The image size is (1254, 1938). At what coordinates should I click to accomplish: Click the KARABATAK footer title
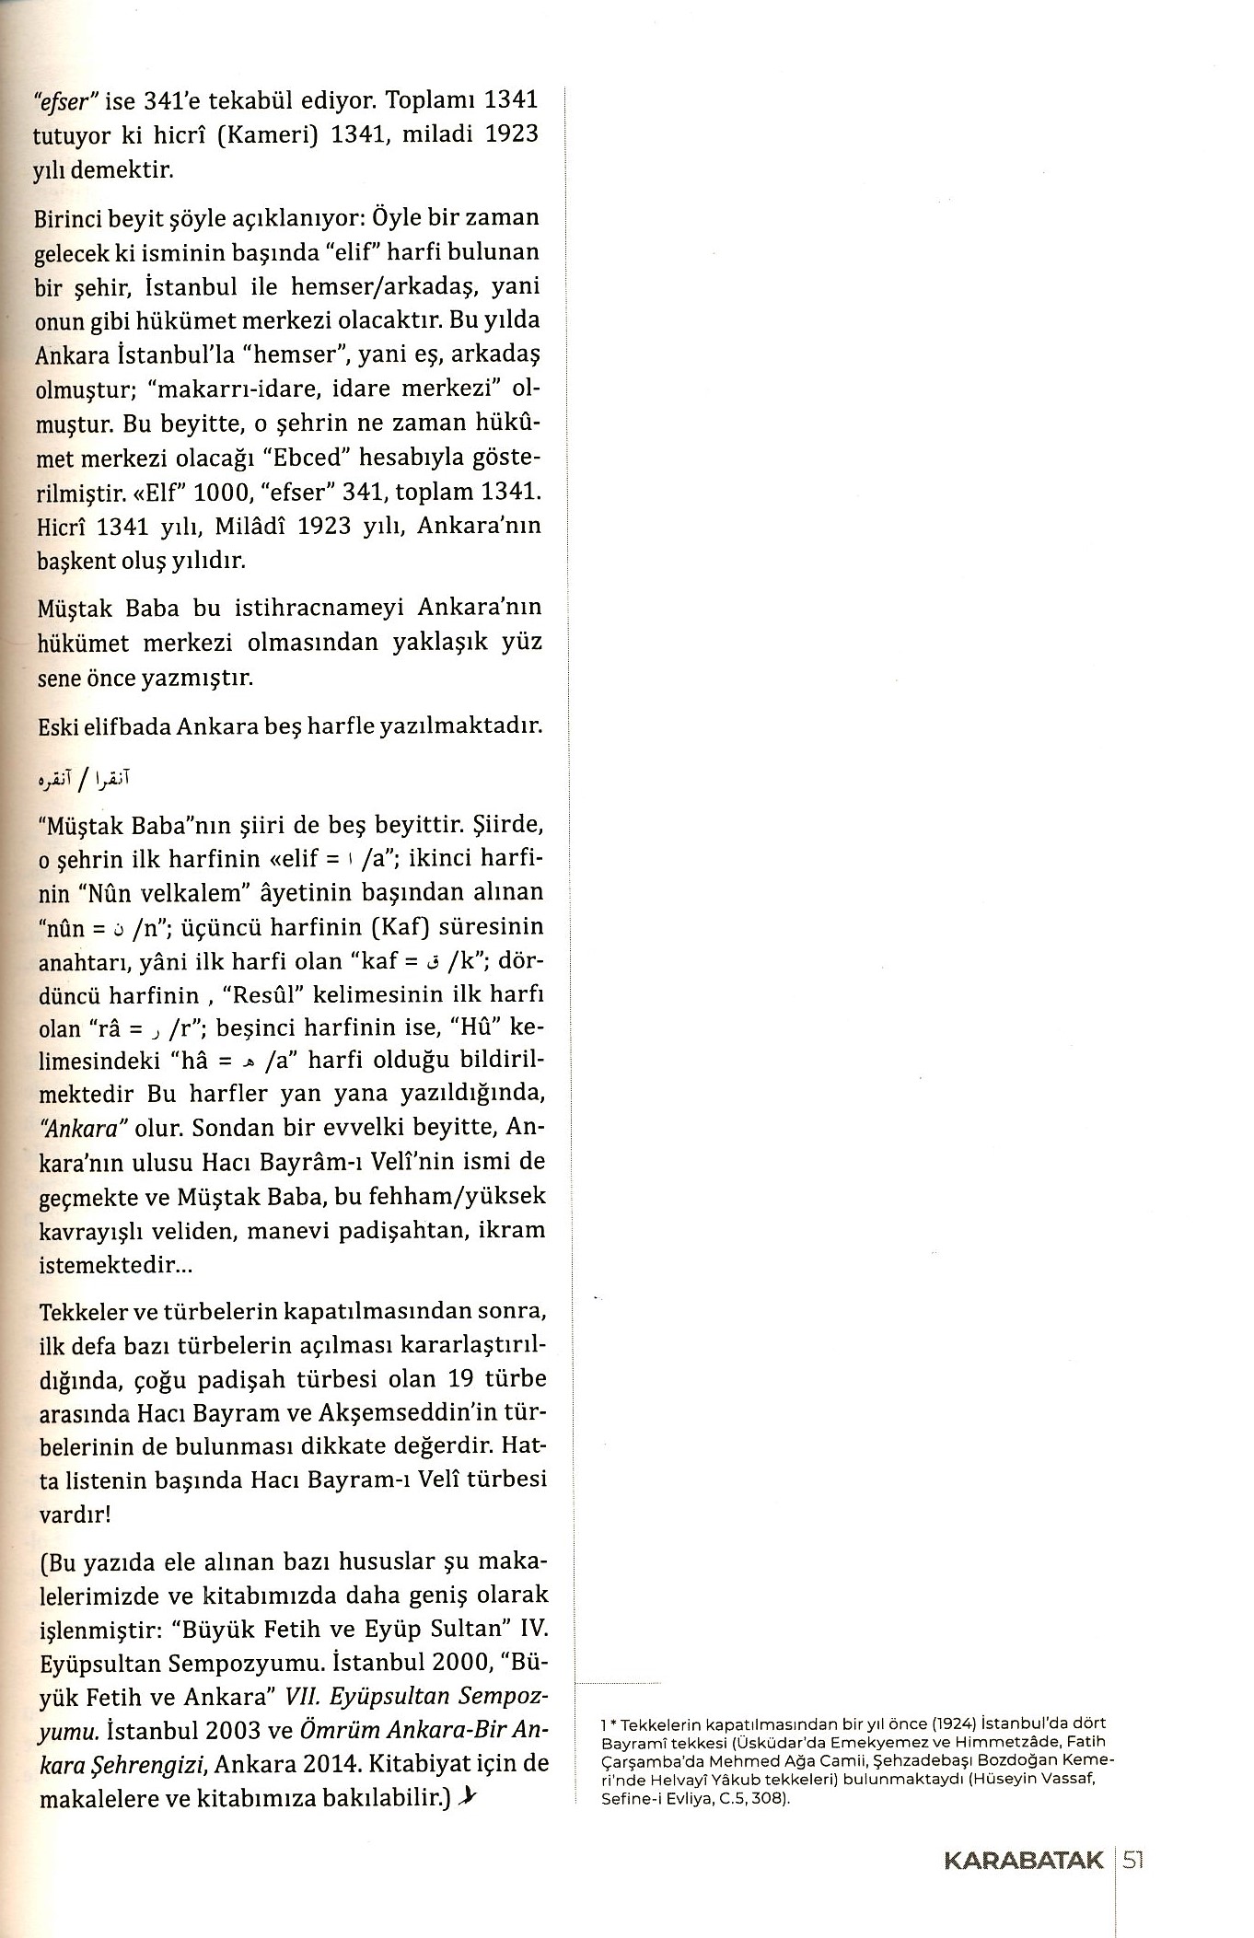(x=1023, y=1853)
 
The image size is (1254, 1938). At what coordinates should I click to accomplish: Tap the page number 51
(x=1132, y=1853)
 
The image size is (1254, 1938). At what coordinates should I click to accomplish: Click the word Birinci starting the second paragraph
(x=75, y=219)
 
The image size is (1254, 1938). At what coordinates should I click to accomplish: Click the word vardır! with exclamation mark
(x=74, y=1514)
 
